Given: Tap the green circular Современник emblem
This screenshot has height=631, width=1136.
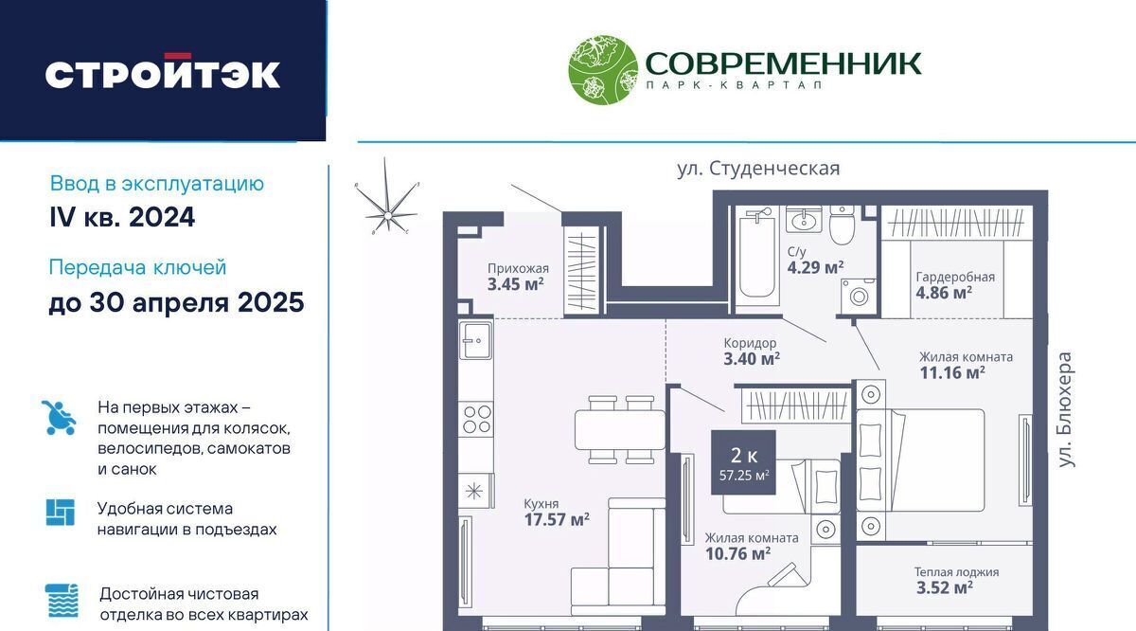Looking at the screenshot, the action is [x=603, y=69].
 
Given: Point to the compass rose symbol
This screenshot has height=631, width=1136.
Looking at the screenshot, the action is [x=387, y=197].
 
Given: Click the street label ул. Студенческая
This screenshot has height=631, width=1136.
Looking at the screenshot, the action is [x=758, y=168].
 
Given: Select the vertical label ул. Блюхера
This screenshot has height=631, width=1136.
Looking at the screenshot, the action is [x=1066, y=409].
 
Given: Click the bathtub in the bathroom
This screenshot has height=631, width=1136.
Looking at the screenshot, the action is [x=756, y=256].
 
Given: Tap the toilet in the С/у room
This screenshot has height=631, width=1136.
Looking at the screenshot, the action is [x=842, y=225].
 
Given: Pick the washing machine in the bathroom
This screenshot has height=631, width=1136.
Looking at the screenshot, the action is [x=858, y=296].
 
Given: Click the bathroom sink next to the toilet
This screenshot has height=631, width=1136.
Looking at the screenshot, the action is [x=804, y=219].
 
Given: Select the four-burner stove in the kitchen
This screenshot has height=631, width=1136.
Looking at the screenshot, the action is [x=475, y=419].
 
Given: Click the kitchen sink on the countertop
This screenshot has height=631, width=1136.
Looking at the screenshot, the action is [x=475, y=340].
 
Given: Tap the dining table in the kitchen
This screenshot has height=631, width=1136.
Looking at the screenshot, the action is [x=620, y=429].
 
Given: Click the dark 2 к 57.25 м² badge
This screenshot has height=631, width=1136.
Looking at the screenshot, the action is [x=743, y=462].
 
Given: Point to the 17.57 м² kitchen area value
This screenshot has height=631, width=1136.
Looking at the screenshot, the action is [x=557, y=520].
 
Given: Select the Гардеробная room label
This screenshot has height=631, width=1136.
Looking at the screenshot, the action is [x=955, y=278].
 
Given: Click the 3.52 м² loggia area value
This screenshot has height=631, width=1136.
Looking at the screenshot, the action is [x=945, y=587].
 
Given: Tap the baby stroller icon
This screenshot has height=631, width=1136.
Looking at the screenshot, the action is [x=59, y=418].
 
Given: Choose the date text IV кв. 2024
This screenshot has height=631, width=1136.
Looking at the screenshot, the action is [x=122, y=217].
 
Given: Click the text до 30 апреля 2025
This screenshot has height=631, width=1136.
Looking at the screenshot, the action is [x=176, y=302].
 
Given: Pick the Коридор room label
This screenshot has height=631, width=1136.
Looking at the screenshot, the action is [x=750, y=343].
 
